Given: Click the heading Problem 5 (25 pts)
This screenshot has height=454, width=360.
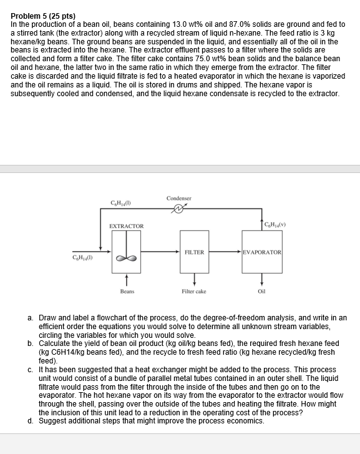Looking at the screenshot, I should click(44, 16).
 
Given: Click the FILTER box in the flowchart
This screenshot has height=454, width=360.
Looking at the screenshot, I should click(194, 252).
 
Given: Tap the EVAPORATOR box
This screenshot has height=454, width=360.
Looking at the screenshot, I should click(262, 252).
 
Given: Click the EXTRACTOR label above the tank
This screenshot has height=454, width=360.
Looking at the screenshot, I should click(127, 225).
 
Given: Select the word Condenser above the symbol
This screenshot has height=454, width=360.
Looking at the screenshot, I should click(179, 199).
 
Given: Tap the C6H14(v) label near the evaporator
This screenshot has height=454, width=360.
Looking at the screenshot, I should click(276, 224).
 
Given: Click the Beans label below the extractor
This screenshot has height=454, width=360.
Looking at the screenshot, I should click(127, 291).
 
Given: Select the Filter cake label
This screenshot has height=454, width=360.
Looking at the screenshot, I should click(193, 291).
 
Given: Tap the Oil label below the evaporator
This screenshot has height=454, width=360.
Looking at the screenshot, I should click(261, 291).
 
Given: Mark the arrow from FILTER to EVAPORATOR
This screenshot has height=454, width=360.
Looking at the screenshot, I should click(226, 252).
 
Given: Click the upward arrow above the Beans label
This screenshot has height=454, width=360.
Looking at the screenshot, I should click(127, 279).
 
